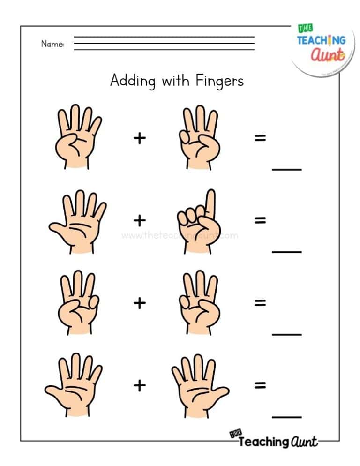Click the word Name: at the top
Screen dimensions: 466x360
pos(52,44)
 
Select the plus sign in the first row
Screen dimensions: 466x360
pos(139,138)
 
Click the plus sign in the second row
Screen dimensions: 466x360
pos(139,220)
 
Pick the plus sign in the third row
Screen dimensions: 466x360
pos(139,303)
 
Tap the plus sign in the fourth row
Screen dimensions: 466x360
pos(139,385)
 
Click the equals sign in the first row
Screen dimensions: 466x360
pos(260,138)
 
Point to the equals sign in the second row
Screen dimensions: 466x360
pos(260,220)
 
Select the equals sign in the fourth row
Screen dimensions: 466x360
pos(260,385)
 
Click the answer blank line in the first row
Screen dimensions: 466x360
pos(287,169)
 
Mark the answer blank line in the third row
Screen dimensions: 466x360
pos(287,334)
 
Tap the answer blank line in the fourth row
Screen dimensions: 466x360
pos(287,416)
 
